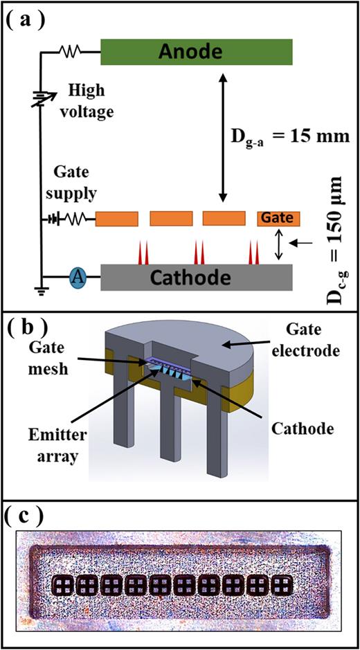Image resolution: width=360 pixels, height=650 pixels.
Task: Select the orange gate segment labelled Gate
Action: coord(279,219)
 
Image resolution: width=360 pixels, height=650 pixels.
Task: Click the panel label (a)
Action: coord(28,19)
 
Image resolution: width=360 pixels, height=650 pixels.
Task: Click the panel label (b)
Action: coord(28,325)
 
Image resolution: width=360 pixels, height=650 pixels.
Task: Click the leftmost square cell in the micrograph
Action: coord(63,586)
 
